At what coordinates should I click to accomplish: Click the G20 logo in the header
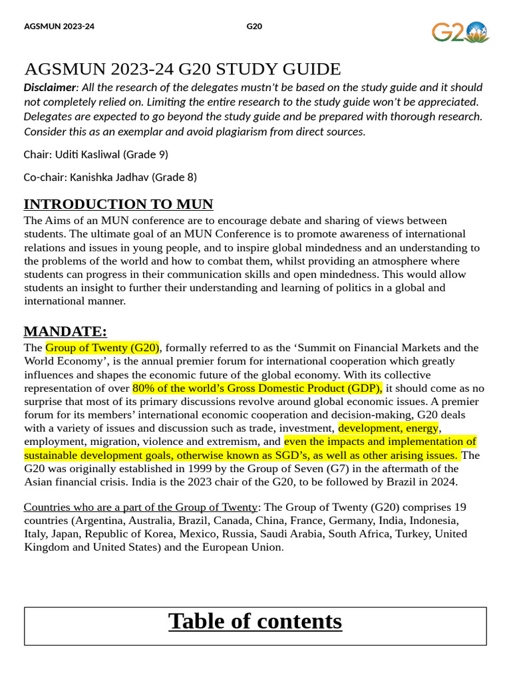[460, 31]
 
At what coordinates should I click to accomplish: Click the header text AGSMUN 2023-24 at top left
[59, 27]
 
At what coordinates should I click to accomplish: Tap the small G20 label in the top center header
[254, 27]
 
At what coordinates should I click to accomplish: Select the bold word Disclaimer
[50, 88]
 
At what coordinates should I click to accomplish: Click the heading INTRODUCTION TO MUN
[118, 204]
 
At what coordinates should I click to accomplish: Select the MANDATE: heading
[65, 331]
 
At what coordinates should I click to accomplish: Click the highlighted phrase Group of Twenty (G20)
[102, 348]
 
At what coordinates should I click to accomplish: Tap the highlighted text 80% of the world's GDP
[257, 388]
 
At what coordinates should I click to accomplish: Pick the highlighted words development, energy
[389, 428]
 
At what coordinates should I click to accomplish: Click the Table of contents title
[255, 621]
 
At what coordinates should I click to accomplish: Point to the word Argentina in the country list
[100, 521]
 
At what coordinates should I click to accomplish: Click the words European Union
[247, 547]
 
